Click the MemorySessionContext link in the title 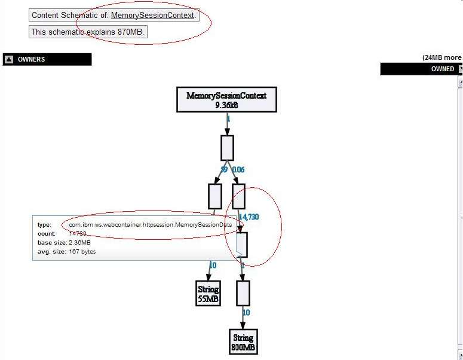(x=152, y=15)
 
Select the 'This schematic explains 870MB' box (x=88, y=32)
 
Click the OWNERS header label (x=31, y=59)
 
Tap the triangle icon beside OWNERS (x=9, y=59)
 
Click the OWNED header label (x=443, y=69)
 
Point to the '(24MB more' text (x=441, y=57)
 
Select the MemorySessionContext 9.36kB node (x=226, y=100)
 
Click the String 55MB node (x=208, y=293)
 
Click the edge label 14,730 (x=249, y=216)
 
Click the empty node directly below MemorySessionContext (x=227, y=148)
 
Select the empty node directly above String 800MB (x=243, y=293)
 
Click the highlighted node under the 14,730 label (x=242, y=244)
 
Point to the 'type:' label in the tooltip (x=44, y=224)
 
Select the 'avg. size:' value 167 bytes (x=82, y=251)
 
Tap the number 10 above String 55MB (x=213, y=265)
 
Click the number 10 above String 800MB (x=246, y=312)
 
